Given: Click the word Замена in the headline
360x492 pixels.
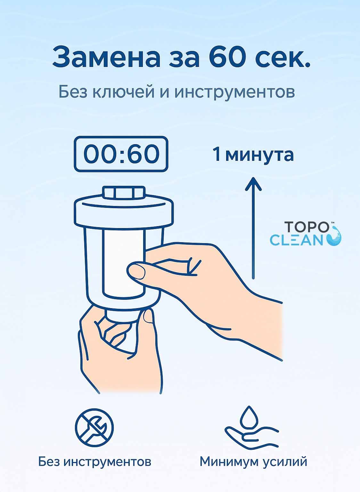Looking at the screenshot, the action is click(107, 57).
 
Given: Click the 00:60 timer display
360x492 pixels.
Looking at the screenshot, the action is click(121, 154).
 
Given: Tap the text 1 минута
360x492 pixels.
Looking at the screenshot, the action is click(253, 154).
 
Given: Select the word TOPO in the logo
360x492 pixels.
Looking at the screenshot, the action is click(307, 227).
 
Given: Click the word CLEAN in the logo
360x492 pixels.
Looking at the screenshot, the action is click(297, 240).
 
